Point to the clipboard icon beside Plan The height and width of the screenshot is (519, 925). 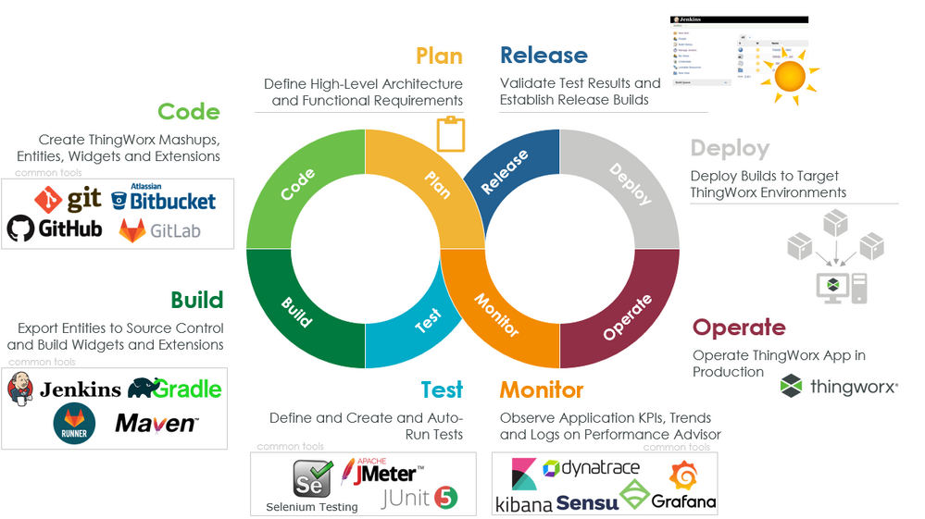click(450, 134)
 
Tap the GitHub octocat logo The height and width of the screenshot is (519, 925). click(20, 229)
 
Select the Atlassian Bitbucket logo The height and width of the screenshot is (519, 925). click(163, 198)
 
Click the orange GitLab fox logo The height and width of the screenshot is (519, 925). click(133, 230)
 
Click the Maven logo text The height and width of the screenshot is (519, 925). click(156, 424)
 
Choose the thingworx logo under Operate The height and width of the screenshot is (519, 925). click(839, 387)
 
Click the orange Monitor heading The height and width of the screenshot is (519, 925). click(542, 389)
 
